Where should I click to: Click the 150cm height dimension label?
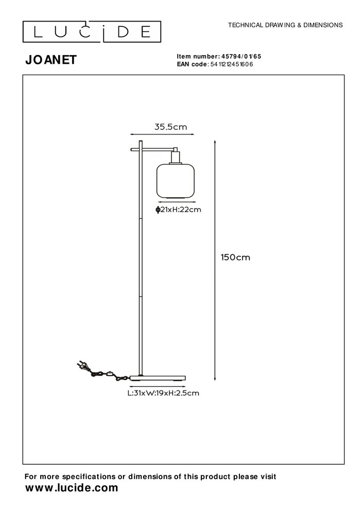coord(235,257)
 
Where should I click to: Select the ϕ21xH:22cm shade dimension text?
coord(178,209)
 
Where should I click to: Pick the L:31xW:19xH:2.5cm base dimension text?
coord(163,393)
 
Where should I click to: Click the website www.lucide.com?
coord(72,487)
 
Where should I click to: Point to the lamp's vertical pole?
coord(140,257)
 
